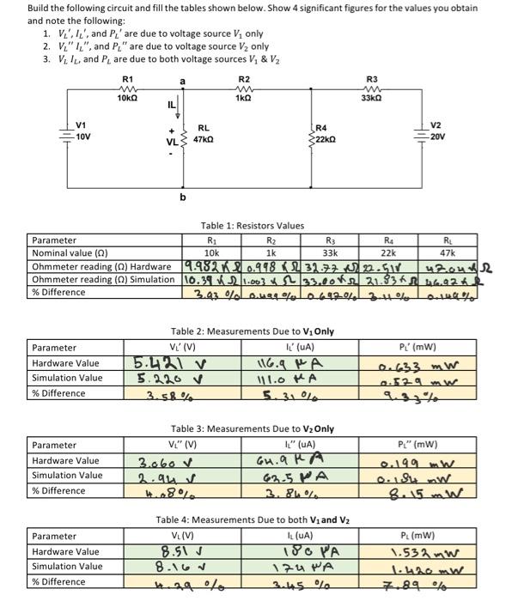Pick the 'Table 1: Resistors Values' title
(x=253, y=226)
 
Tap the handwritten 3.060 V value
(x=158, y=461)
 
